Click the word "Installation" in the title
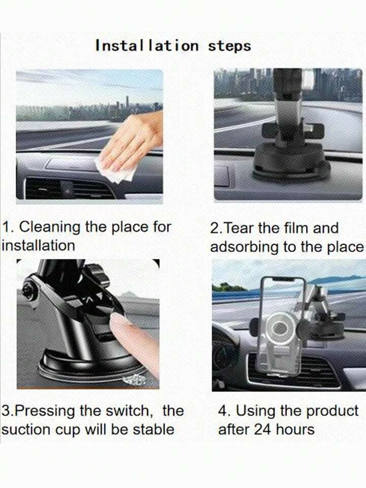(x=147, y=46)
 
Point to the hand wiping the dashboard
(x=132, y=141)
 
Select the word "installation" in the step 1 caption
(x=38, y=246)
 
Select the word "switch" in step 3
(x=129, y=411)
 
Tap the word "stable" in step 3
(x=154, y=429)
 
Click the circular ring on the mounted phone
(x=280, y=327)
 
